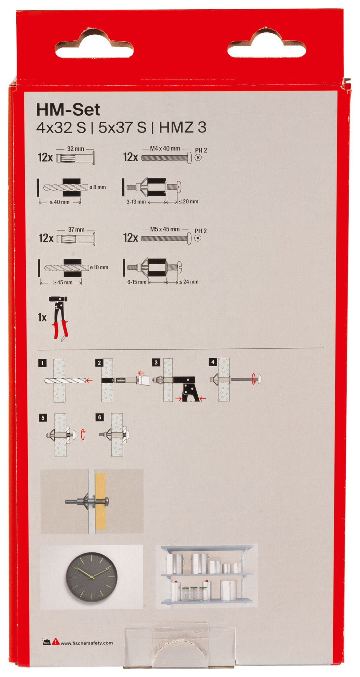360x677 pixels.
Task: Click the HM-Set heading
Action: (x=68, y=109)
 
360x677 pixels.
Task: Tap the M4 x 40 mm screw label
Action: (x=165, y=148)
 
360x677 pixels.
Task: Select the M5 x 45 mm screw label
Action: (x=165, y=229)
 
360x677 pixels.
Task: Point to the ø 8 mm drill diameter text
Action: (x=98, y=187)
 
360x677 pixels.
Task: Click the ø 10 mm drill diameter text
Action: (x=99, y=267)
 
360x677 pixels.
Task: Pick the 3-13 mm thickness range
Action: (x=136, y=202)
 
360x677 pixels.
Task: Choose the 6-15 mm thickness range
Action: (x=137, y=282)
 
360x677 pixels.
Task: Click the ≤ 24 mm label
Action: (x=189, y=282)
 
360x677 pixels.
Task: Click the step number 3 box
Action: (x=156, y=362)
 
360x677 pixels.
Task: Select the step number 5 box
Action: (x=43, y=418)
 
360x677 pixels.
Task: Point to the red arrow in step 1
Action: (x=89, y=380)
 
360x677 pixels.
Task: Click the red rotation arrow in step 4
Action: (x=254, y=378)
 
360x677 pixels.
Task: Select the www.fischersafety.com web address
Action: (x=87, y=643)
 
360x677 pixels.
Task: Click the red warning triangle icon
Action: (x=56, y=642)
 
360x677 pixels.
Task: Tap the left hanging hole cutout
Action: (x=94, y=46)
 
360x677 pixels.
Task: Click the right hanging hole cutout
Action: (x=266, y=46)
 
